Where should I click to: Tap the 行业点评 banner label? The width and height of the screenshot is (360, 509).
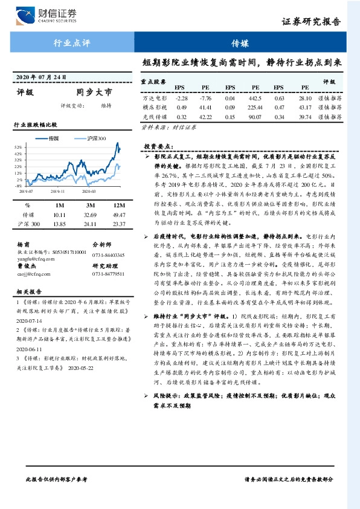(x=72, y=44)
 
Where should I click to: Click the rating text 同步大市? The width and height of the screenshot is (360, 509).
(x=94, y=93)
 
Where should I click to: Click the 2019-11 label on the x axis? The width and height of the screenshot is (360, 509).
(x=57, y=191)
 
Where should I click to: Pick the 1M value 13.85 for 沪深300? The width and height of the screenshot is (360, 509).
(x=59, y=224)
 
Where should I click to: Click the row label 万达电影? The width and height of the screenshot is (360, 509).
(x=154, y=98)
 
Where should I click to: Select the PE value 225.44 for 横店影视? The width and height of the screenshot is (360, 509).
(x=253, y=107)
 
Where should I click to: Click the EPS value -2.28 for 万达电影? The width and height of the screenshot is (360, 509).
(x=181, y=98)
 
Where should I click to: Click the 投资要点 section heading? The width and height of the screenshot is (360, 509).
(x=157, y=146)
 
